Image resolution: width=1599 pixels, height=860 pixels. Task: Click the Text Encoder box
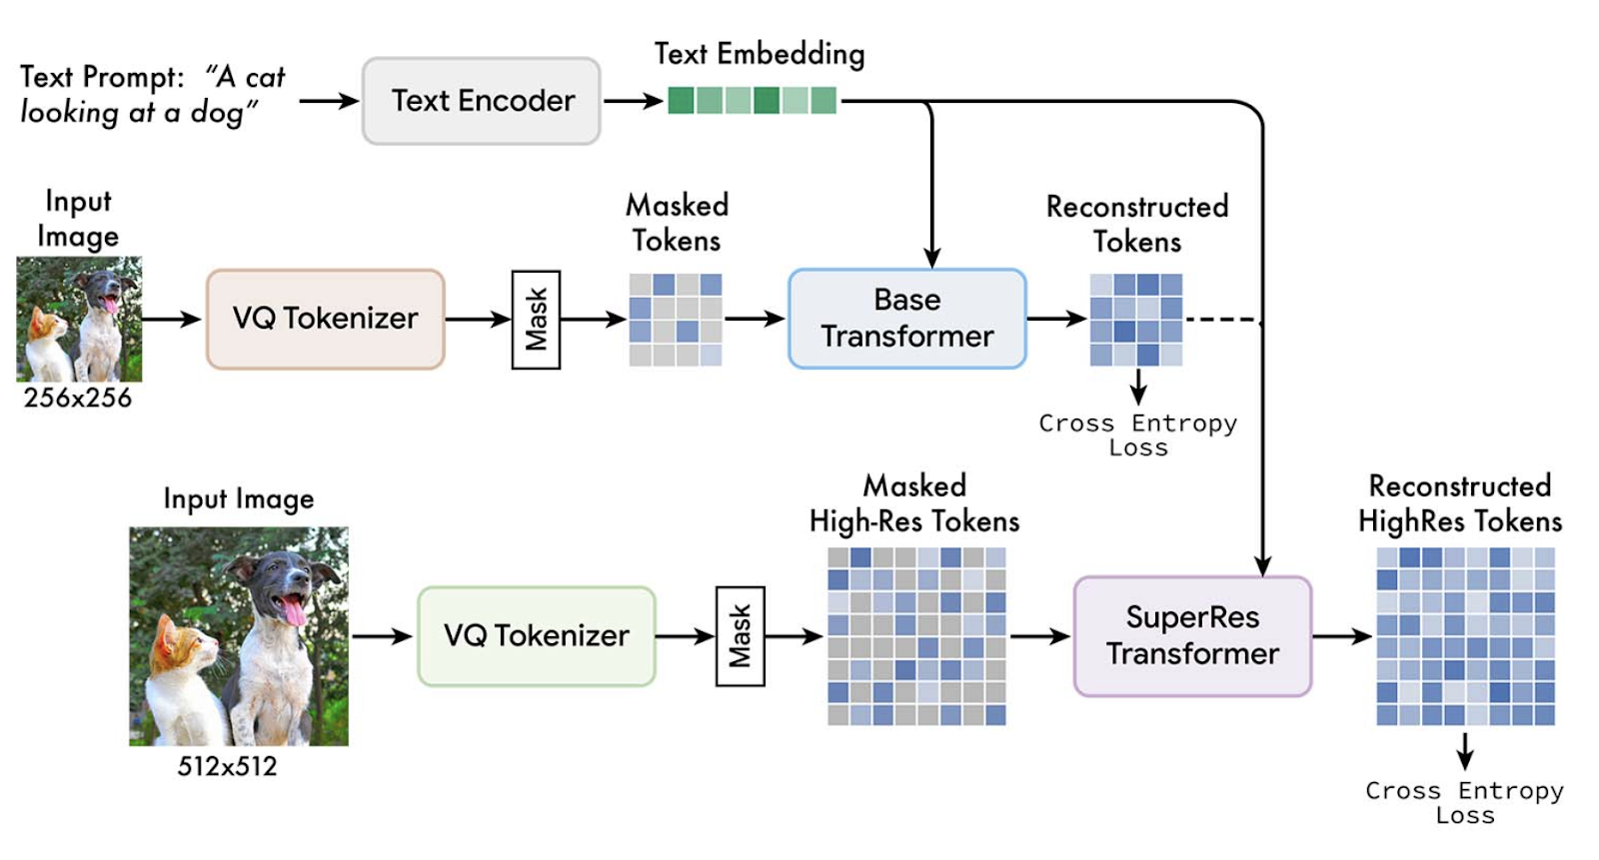click(482, 101)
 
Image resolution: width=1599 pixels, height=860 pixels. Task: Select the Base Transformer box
click(907, 319)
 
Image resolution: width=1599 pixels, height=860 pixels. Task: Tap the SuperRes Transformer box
click(1192, 635)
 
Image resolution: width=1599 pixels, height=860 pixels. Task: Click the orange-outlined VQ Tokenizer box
click(326, 319)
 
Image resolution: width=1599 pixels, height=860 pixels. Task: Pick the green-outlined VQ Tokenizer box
click(537, 635)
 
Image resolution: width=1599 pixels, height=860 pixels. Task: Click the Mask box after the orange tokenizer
click(536, 320)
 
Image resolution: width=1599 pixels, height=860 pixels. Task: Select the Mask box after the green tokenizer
click(740, 636)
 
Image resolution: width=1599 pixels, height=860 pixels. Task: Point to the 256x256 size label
click(78, 398)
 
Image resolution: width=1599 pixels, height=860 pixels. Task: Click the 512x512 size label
click(227, 766)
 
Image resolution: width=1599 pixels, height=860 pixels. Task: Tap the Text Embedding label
click(760, 54)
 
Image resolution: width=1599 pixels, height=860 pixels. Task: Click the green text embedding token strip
click(752, 101)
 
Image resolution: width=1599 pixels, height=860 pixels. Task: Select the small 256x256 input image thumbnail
click(79, 319)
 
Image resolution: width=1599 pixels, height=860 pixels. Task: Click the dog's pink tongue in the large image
click(295, 609)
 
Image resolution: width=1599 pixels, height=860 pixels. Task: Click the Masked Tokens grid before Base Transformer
click(676, 320)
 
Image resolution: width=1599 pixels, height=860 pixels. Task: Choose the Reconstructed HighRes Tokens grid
click(1465, 635)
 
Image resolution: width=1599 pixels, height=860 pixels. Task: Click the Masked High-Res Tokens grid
click(916, 635)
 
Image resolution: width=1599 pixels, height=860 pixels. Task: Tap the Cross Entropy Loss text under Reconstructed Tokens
click(1138, 435)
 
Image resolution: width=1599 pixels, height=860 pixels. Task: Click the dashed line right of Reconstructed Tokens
click(1221, 320)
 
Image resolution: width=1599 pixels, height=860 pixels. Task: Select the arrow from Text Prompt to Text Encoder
click(329, 101)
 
